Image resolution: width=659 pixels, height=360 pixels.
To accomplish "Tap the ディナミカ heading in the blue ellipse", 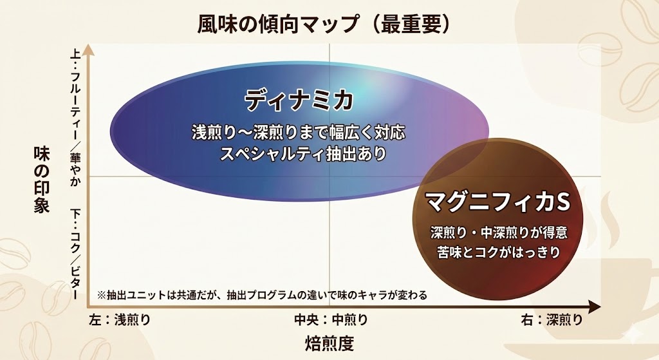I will click(299, 100).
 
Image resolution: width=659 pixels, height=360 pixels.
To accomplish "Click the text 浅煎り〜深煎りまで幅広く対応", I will click(299, 133).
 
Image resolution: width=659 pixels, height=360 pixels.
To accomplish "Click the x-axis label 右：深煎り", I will click(553, 319).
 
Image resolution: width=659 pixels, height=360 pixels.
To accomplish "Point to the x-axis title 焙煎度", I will click(329, 343).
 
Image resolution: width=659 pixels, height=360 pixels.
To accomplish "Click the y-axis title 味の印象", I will click(41, 180).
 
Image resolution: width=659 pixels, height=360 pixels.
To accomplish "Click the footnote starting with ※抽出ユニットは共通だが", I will click(262, 295).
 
